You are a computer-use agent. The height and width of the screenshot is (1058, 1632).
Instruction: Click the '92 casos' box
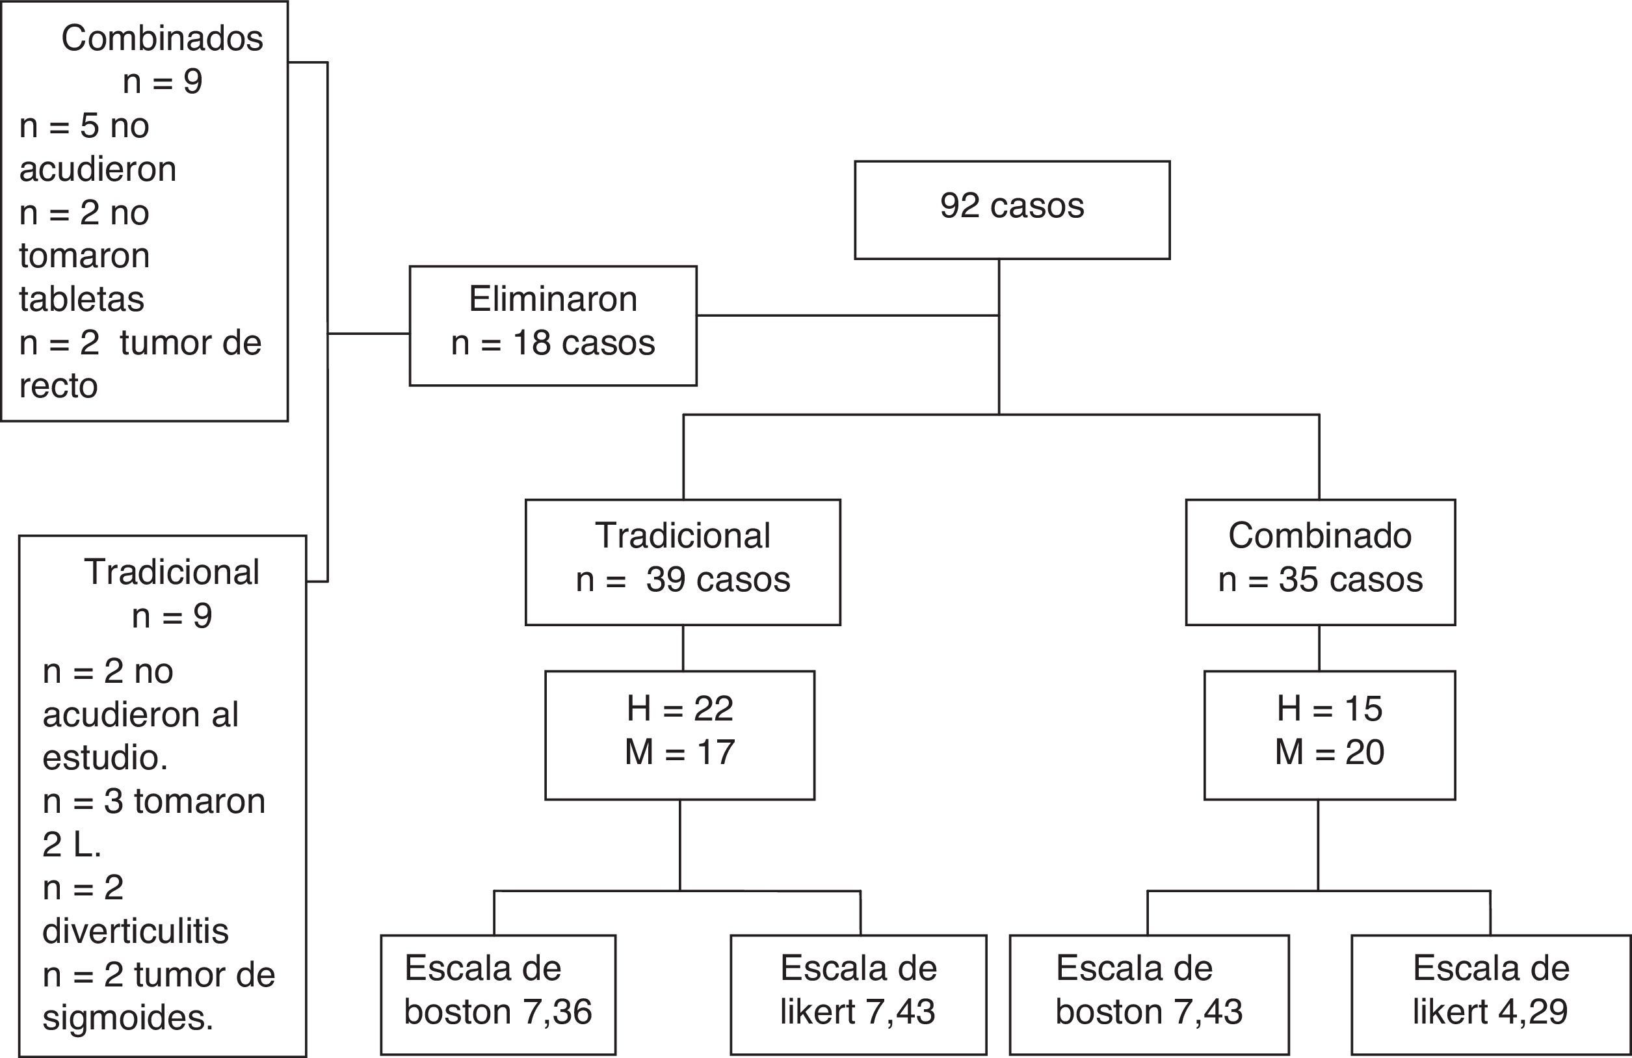click(x=1012, y=209)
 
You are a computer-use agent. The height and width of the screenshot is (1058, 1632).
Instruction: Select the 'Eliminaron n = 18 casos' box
click(x=553, y=325)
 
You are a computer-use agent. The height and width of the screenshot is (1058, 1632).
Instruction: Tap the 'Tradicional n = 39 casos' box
click(x=682, y=562)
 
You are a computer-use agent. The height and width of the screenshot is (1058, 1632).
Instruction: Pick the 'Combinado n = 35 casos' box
click(x=1320, y=562)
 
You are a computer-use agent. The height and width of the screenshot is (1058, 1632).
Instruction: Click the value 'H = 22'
click(x=679, y=708)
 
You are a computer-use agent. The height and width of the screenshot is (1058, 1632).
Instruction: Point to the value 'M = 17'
click(x=679, y=752)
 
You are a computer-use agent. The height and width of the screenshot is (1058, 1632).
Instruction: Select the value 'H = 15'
click(x=1329, y=708)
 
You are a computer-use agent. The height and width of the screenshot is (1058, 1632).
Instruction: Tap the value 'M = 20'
click(x=1329, y=752)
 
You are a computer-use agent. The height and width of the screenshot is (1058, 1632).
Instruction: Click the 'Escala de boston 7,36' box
click(x=498, y=994)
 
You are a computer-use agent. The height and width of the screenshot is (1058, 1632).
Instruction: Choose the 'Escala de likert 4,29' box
click(x=1491, y=994)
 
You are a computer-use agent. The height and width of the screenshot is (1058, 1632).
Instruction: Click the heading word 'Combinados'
click(x=162, y=38)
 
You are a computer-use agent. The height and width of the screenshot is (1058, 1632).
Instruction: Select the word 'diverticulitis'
click(x=135, y=931)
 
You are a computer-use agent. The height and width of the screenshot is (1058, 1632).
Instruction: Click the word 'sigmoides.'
click(x=127, y=1018)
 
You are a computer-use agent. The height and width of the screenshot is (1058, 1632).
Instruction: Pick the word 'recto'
click(x=59, y=386)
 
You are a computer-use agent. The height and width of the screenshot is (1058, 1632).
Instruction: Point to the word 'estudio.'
click(x=105, y=758)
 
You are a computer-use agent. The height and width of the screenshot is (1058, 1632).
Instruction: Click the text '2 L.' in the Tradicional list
click(x=72, y=845)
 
